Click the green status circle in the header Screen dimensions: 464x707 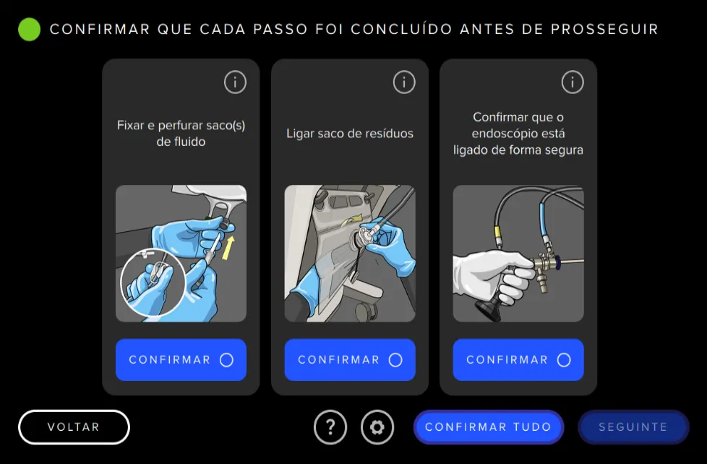tap(29, 30)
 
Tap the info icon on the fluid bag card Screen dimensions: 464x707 tap(235, 82)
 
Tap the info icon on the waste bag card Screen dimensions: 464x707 tap(404, 82)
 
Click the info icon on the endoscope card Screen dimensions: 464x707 tap(573, 82)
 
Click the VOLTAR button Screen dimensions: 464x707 tap(74, 427)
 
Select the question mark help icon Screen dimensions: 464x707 tap(330, 427)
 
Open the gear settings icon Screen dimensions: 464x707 tap(377, 427)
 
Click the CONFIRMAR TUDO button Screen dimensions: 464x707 tap(488, 427)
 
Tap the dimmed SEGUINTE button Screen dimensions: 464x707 tap(633, 427)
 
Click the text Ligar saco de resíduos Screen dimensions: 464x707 tap(350, 134)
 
